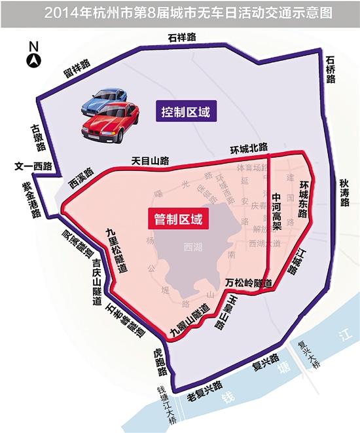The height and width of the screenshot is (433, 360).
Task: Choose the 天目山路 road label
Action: coord(151,160)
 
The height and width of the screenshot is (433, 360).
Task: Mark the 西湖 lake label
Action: coord(194,250)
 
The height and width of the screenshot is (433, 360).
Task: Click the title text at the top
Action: coord(180,12)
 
